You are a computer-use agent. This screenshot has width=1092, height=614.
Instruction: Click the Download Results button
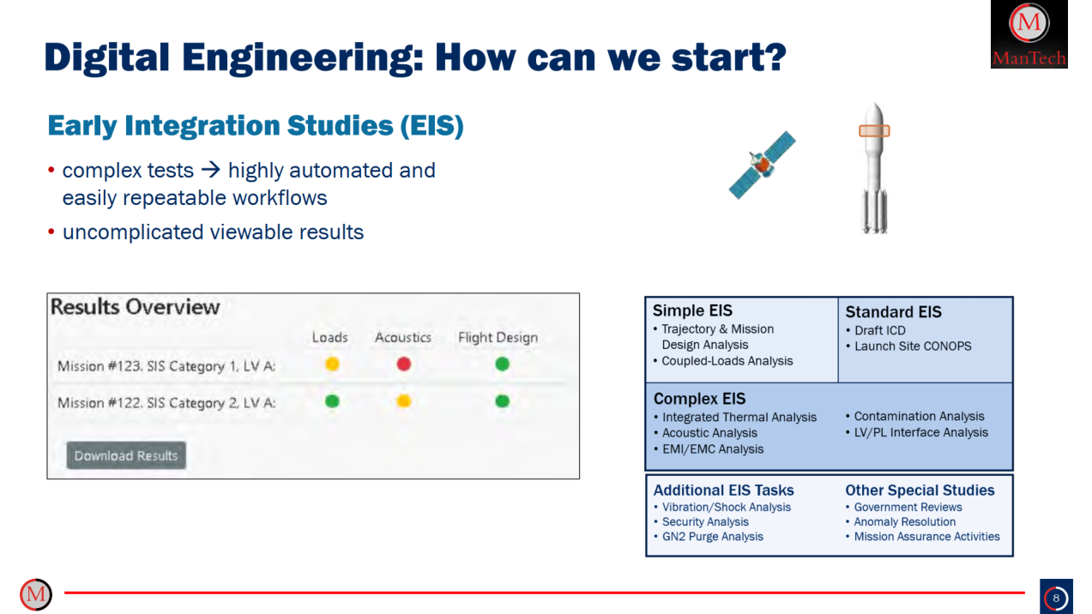coord(126,455)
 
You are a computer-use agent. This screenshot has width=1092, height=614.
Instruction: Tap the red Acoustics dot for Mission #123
coord(403,364)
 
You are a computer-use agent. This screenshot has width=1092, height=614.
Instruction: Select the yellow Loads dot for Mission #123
coord(332,364)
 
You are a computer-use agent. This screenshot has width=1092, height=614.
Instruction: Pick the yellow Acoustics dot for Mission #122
coord(403,401)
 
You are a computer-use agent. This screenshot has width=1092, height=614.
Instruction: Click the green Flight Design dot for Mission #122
coord(503,401)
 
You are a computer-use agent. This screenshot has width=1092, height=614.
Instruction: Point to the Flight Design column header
coord(498,337)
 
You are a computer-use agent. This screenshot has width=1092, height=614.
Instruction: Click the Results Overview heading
coord(136,307)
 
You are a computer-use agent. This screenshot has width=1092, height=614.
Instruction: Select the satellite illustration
coord(760,166)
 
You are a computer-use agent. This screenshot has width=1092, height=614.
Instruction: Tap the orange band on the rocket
coord(874,131)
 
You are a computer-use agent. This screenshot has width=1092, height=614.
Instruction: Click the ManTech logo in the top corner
coord(1029,34)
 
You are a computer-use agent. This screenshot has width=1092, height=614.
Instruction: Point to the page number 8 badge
coord(1056,597)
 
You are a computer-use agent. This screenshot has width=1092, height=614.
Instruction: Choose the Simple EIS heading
coord(692,310)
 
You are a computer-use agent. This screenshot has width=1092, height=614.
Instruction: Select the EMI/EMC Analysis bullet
coord(712,448)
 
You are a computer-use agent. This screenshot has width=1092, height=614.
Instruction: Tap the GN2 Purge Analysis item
coord(712,537)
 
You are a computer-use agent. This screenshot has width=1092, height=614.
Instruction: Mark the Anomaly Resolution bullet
coord(904,521)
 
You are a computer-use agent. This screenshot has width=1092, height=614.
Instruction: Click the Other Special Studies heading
coord(920,491)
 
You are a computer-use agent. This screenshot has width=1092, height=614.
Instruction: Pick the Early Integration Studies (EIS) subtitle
coord(256,126)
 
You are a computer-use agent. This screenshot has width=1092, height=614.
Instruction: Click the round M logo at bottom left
coord(36,594)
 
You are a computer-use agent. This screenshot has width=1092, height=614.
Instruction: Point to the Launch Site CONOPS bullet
coord(913,346)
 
